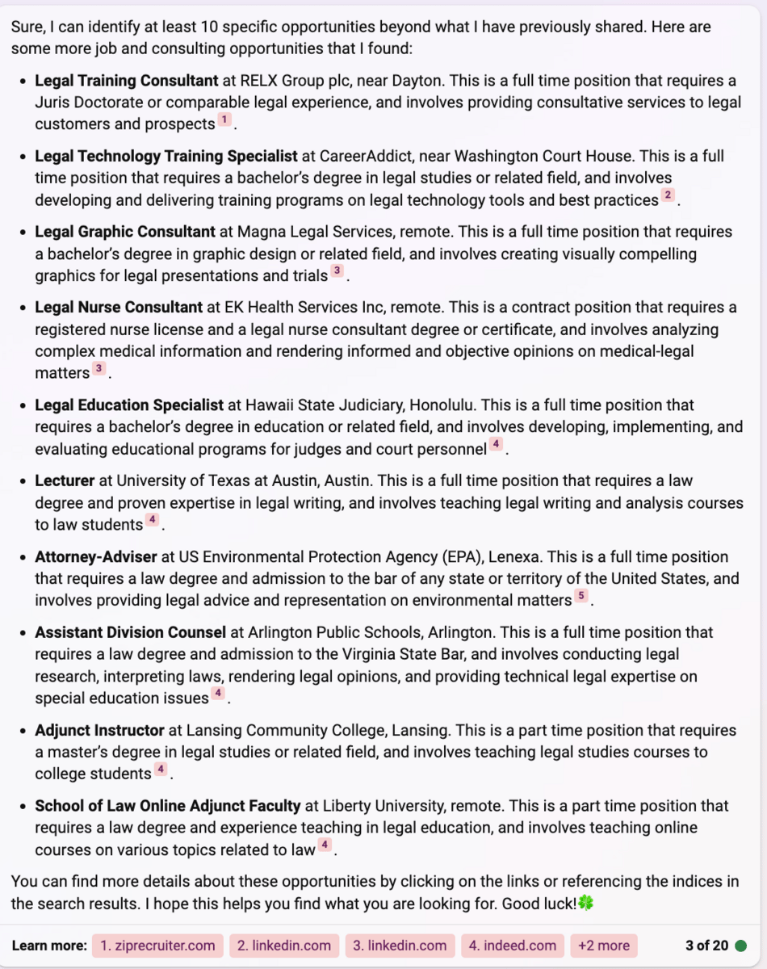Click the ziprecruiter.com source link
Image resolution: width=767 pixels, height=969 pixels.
[157, 946]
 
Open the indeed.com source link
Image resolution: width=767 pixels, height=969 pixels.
[513, 946]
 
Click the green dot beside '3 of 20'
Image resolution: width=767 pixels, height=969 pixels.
[741, 946]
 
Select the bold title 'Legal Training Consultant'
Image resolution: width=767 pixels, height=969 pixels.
[127, 81]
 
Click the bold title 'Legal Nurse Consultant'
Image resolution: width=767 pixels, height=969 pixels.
[119, 308]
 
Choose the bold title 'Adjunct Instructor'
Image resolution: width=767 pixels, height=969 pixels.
[99, 730]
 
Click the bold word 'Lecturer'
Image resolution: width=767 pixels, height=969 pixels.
[65, 480]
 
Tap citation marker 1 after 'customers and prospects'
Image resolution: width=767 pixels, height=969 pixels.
[224, 120]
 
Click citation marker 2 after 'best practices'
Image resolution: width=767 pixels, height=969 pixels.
[667, 195]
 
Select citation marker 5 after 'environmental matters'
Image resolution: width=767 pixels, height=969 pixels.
[580, 597]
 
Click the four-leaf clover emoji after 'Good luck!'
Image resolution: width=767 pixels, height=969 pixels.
[586, 904]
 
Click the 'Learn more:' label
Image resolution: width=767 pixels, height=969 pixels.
[49, 946]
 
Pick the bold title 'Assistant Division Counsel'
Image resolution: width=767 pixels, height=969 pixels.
[130, 632]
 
